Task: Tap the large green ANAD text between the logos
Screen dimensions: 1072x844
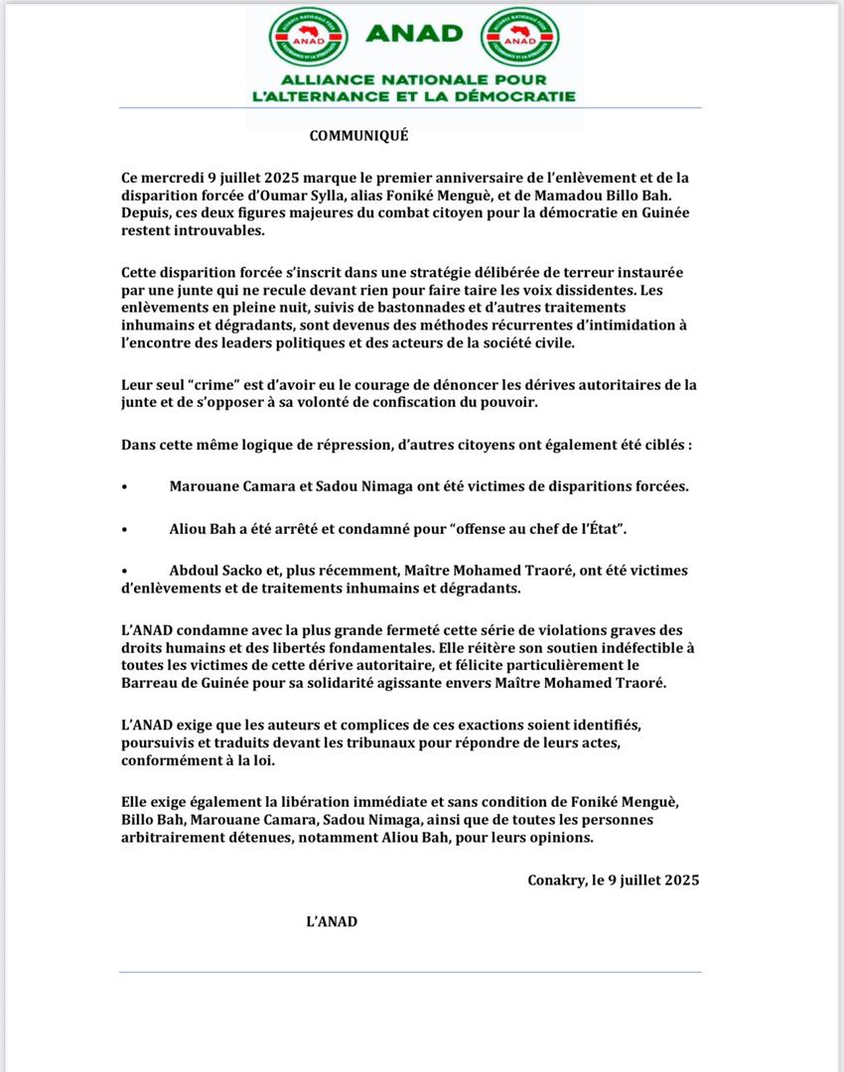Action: pos(414,34)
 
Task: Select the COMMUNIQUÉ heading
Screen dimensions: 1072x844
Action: pos(358,136)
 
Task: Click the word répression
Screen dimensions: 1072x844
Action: pos(341,446)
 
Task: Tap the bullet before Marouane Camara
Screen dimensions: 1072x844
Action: pos(124,486)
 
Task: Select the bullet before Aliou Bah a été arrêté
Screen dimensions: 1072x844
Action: pos(124,530)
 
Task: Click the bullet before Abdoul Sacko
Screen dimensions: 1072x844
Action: pos(124,572)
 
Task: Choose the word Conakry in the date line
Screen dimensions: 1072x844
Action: pos(559,879)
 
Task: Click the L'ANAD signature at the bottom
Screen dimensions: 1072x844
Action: pos(332,922)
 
